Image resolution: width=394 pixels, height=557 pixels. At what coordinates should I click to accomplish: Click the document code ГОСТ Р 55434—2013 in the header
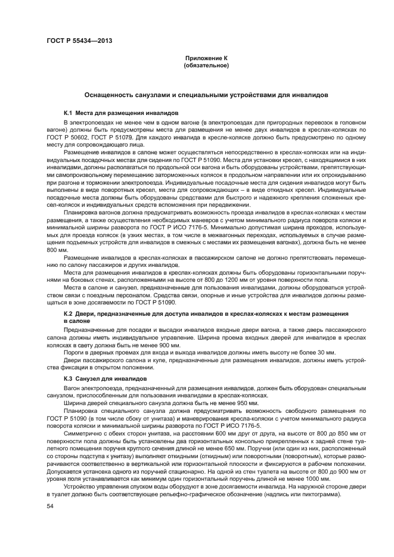79,41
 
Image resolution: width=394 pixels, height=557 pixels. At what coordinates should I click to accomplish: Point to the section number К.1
68,113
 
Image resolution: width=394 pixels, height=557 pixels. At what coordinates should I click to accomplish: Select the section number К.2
68,313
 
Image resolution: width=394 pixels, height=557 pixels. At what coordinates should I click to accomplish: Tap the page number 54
49,506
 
